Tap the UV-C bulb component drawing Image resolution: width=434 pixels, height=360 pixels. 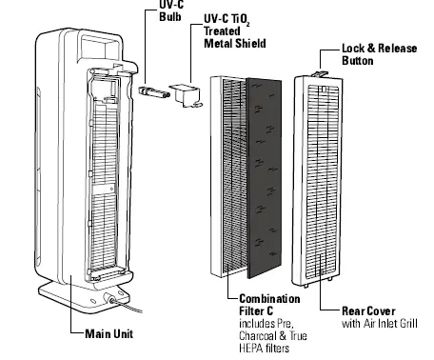coord(151,92)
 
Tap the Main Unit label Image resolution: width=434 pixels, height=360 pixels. coord(103,332)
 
